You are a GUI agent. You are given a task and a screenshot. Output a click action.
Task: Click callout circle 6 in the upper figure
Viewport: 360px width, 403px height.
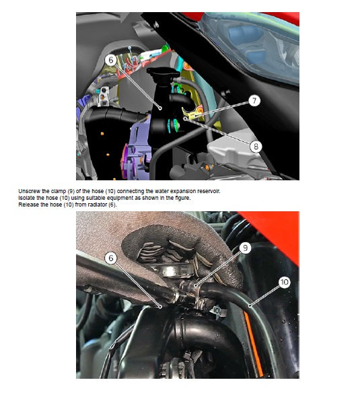[x=110, y=59]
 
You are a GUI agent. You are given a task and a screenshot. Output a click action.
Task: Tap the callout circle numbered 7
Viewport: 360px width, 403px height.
[x=253, y=101]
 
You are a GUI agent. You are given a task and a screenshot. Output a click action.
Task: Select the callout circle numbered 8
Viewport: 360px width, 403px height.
[x=256, y=145]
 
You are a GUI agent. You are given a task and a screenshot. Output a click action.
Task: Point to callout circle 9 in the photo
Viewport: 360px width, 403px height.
[x=246, y=248]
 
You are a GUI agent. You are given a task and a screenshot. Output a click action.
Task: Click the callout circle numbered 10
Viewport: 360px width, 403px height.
[x=283, y=282]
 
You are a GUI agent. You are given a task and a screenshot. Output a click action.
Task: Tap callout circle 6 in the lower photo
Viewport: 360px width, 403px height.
[x=111, y=258]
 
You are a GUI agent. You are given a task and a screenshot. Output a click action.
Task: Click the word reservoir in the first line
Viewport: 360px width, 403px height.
[x=208, y=191]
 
